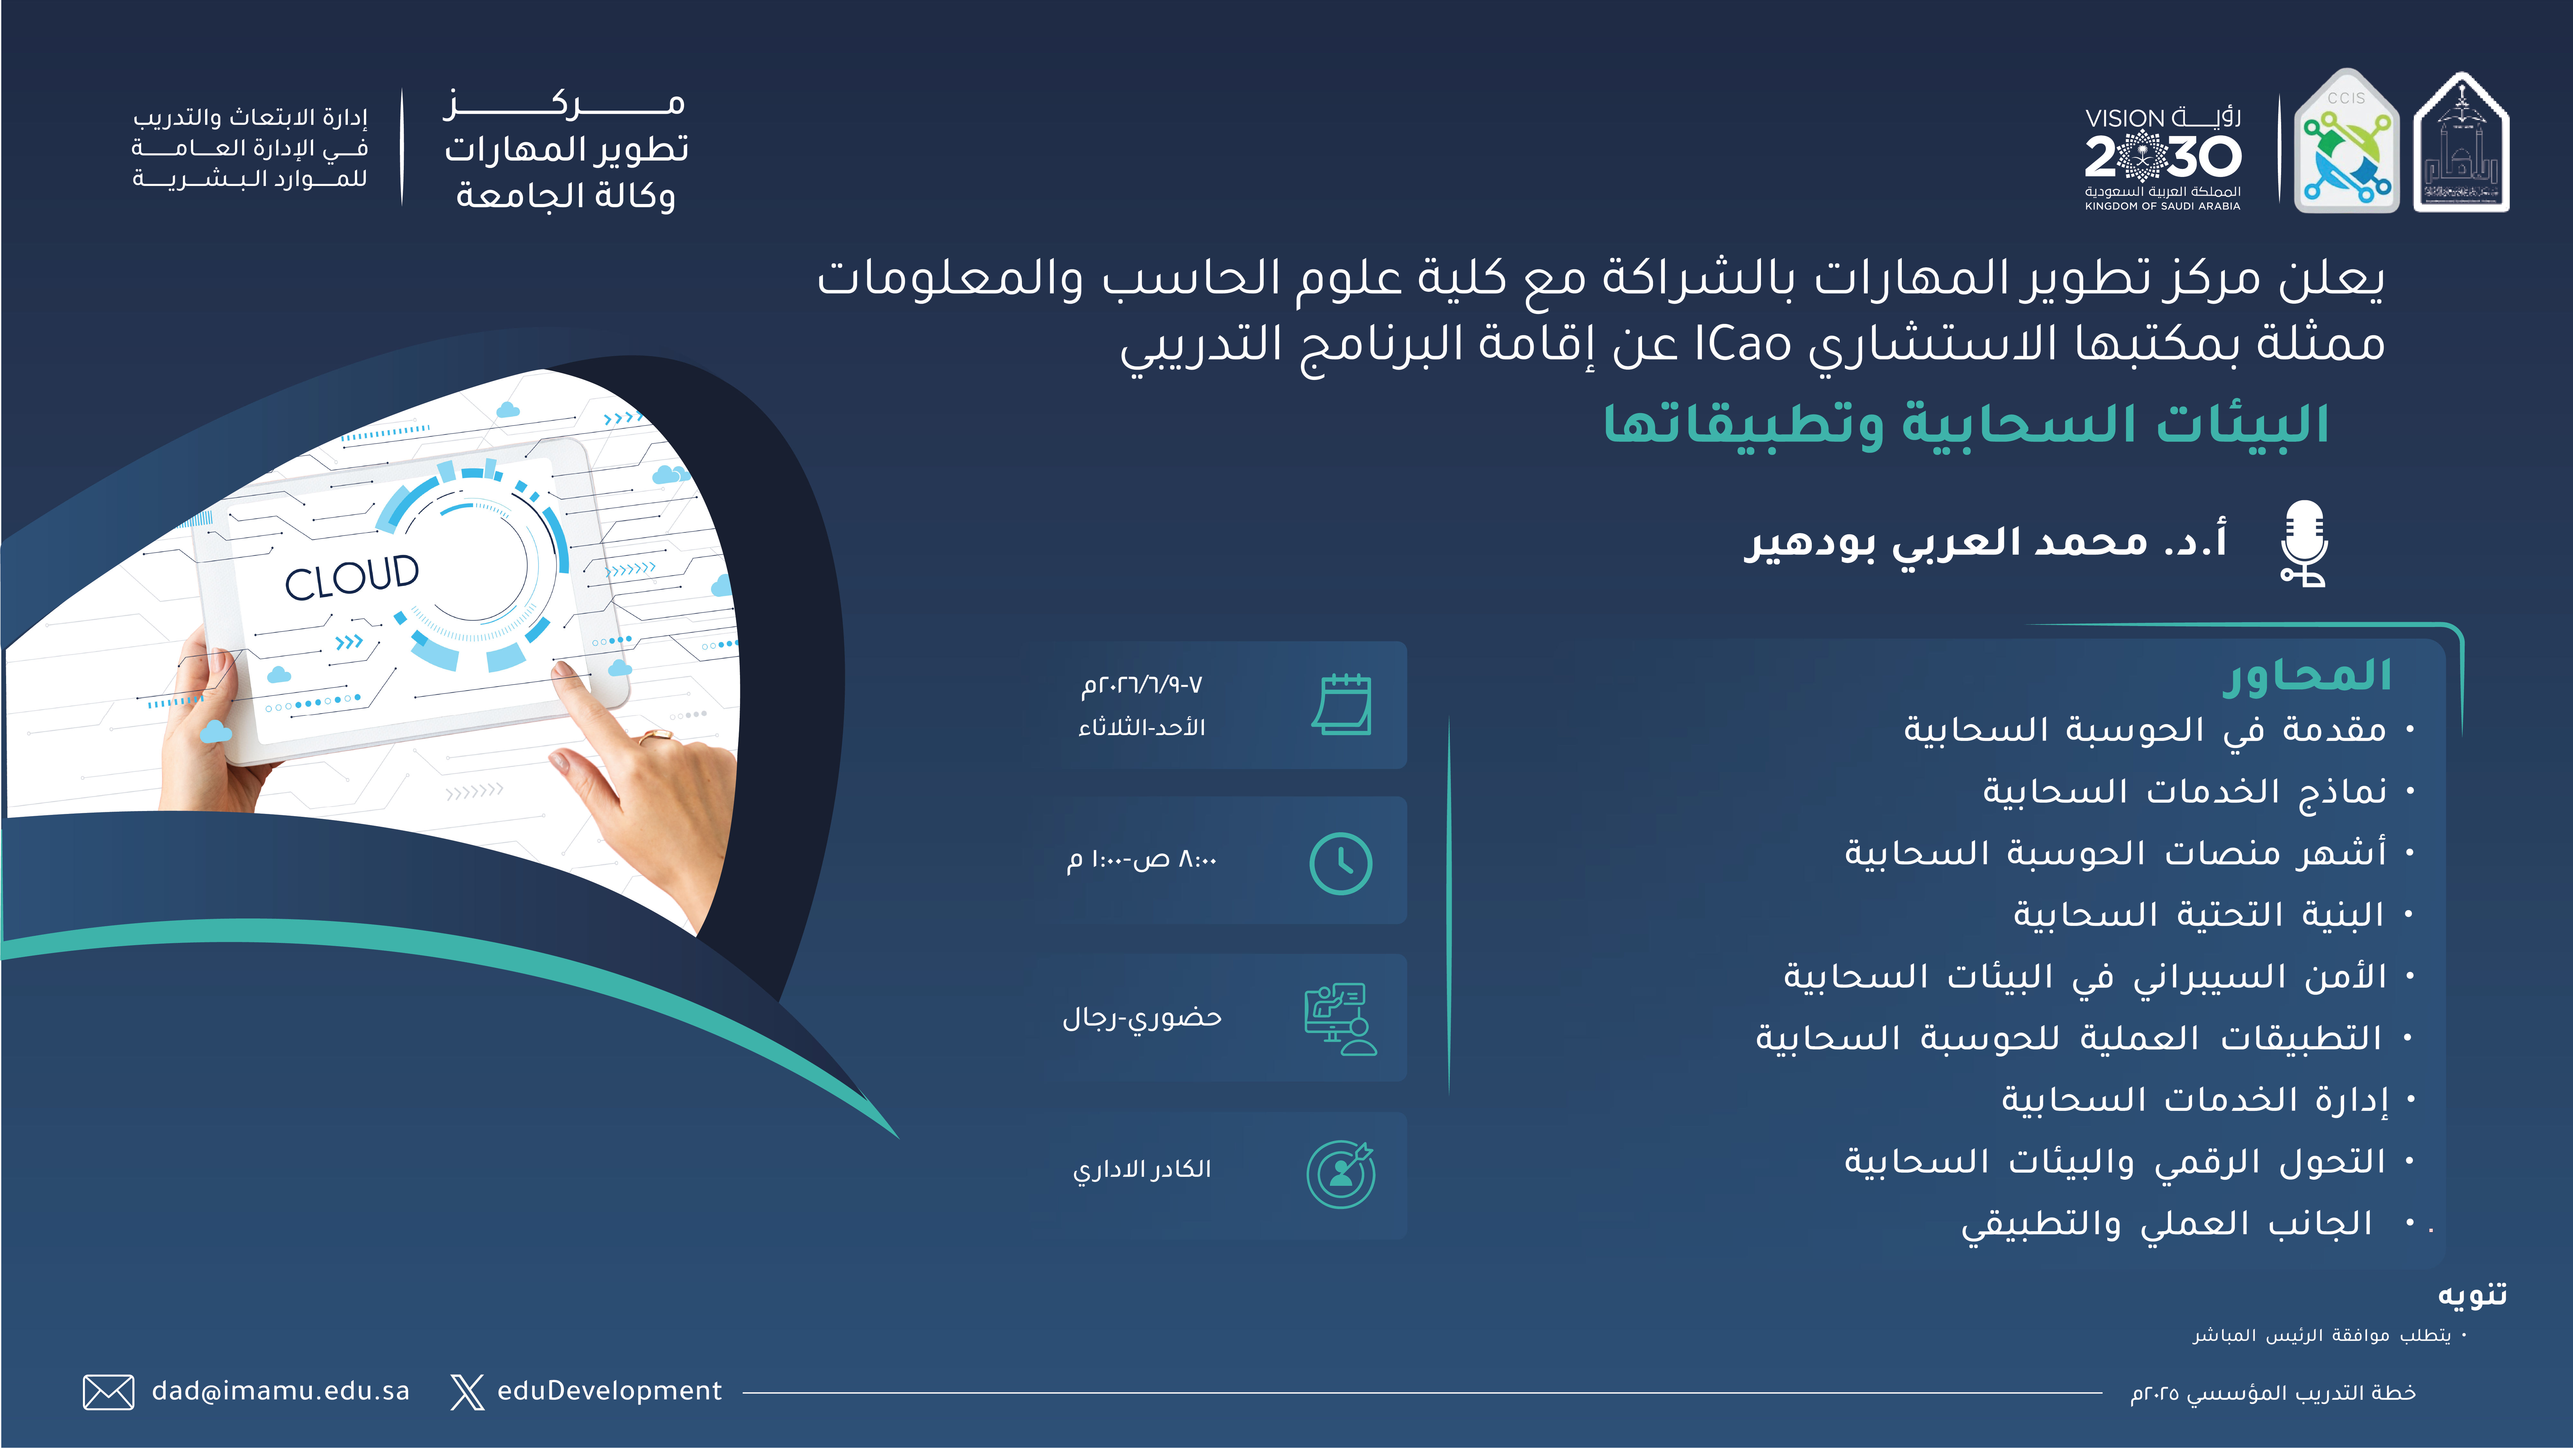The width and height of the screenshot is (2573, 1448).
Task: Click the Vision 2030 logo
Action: click(x=2162, y=158)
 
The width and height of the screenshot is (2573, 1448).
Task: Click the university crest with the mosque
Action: click(x=2461, y=142)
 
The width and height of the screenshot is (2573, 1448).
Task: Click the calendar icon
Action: click(x=1341, y=704)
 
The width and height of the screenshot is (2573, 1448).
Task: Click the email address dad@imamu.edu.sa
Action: click(x=281, y=1391)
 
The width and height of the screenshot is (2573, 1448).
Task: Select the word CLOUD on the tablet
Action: click(x=352, y=577)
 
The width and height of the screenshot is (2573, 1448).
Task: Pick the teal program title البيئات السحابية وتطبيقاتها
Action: click(x=1966, y=424)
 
